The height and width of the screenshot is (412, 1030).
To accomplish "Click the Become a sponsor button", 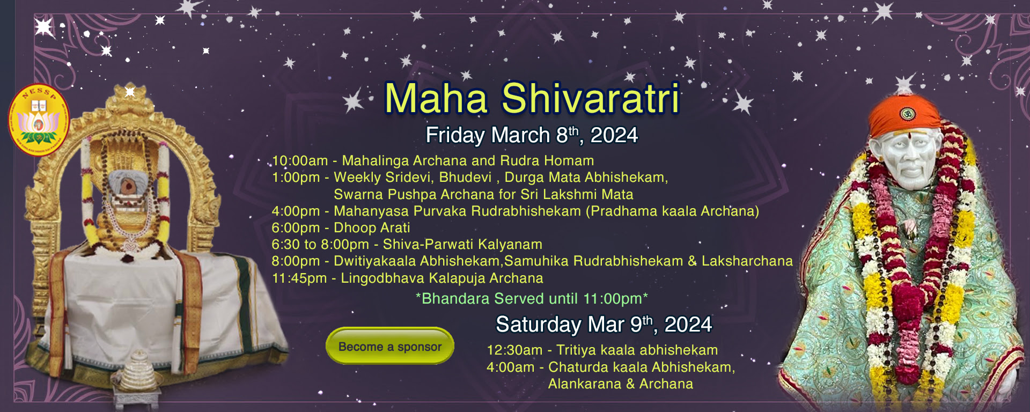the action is [390, 346].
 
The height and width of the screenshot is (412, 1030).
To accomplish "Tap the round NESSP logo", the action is [39, 120].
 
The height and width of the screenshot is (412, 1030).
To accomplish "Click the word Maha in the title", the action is [436, 98].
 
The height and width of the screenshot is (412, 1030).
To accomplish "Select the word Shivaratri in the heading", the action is [591, 98].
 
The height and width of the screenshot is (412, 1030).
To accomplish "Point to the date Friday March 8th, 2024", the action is [532, 135].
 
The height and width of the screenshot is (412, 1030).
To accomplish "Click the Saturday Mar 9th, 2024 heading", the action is [604, 324].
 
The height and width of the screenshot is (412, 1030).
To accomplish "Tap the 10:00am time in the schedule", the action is [300, 160].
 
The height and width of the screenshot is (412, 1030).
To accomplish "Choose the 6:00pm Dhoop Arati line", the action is [341, 227].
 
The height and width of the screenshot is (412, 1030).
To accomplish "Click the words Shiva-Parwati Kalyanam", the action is [462, 244].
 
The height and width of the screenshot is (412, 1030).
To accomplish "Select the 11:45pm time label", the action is [299, 278].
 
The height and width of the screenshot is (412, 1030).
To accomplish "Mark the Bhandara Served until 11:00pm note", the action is [532, 298].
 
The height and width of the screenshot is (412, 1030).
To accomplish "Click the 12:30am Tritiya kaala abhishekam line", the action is [602, 350].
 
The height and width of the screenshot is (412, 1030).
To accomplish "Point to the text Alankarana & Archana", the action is [621, 384].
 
